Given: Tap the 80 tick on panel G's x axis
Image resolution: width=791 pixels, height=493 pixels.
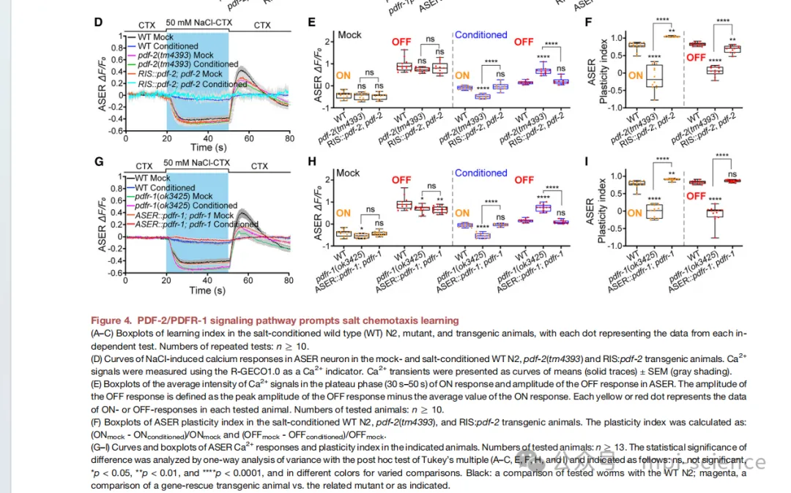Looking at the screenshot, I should coord(289,280).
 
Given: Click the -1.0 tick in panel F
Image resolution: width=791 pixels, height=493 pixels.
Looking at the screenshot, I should coord(617,108).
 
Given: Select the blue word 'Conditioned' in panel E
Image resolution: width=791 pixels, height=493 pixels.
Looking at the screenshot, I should coord(480,34).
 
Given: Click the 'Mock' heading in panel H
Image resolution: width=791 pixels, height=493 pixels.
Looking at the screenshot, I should coord(348,173).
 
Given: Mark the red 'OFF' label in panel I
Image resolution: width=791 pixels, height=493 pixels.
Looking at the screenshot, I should coord(697,196).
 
